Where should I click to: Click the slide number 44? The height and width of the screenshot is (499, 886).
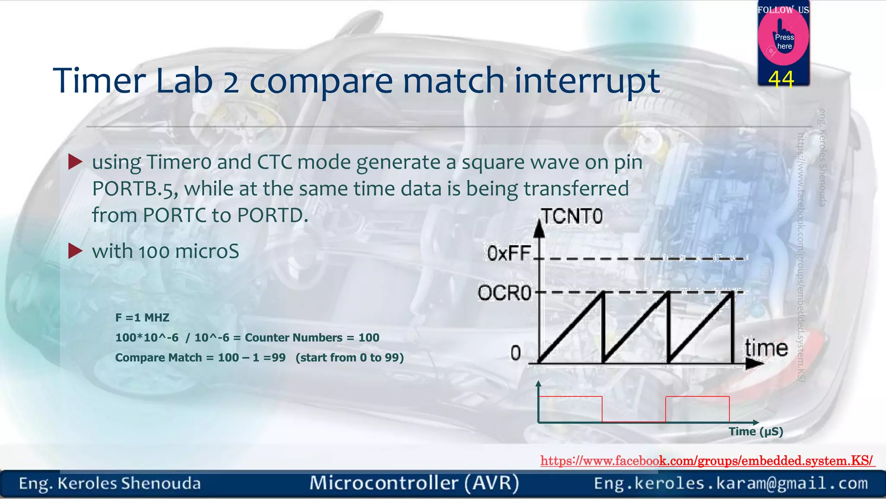click(x=781, y=79)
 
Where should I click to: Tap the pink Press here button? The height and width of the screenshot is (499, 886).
click(x=783, y=39)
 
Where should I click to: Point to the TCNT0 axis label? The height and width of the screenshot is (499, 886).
click(x=572, y=216)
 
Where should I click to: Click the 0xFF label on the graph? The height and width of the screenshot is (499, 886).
click(x=509, y=253)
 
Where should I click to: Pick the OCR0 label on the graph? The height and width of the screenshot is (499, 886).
click(x=504, y=293)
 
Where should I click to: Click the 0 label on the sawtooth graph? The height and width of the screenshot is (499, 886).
click(x=515, y=353)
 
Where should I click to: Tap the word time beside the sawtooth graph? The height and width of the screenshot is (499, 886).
click(x=766, y=348)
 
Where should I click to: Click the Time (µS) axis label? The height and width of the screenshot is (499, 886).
click(x=756, y=431)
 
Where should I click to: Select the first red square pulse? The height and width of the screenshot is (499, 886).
click(x=570, y=407)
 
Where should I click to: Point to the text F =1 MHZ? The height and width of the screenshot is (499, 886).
click(x=142, y=318)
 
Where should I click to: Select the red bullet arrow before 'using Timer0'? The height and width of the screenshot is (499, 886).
click(x=75, y=162)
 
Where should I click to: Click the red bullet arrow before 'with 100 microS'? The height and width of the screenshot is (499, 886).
click(x=75, y=251)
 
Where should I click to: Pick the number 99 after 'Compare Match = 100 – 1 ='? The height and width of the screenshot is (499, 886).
click(x=279, y=358)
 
